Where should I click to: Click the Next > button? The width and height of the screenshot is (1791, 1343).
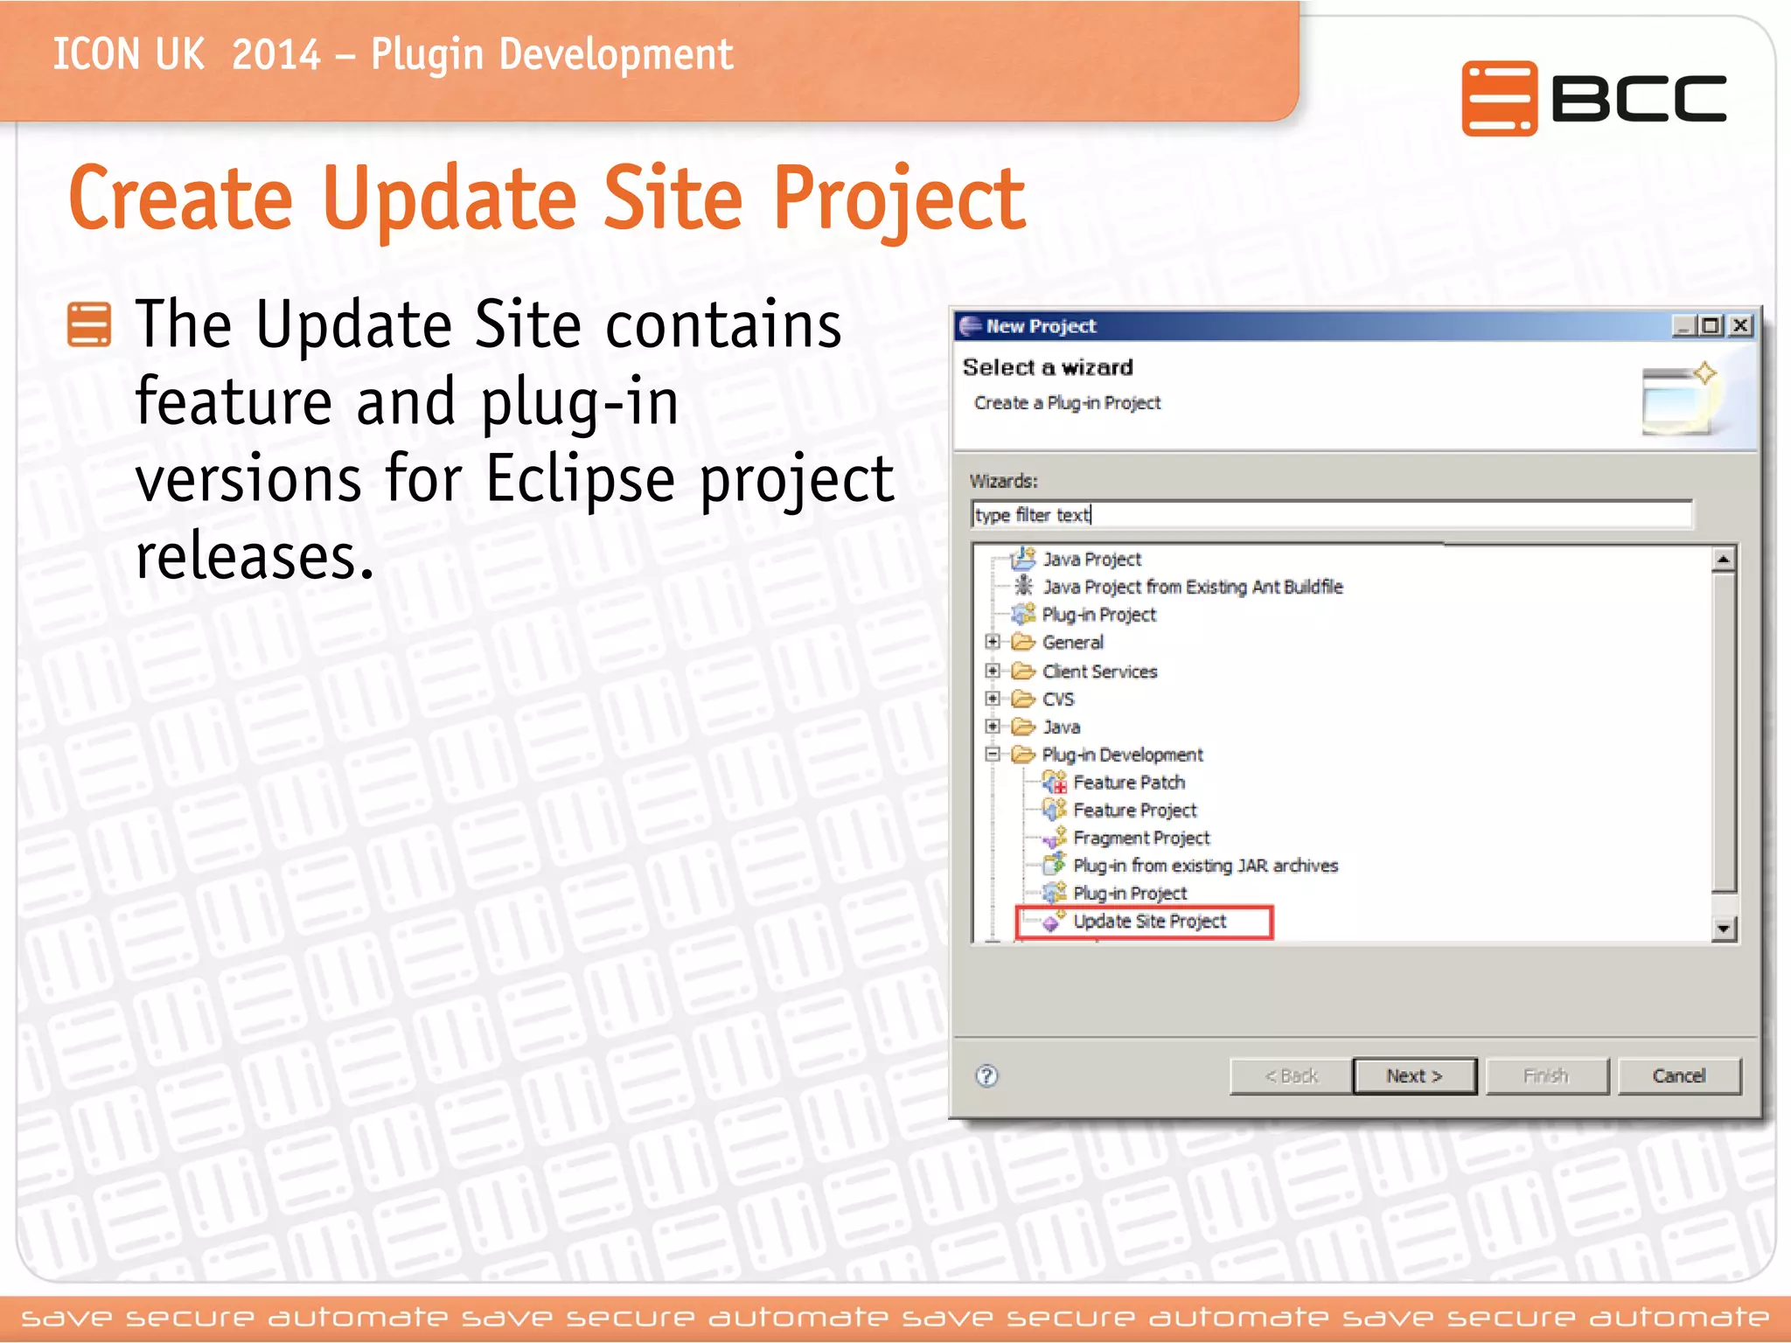click(1413, 1075)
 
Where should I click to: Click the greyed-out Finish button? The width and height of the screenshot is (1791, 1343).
click(1545, 1075)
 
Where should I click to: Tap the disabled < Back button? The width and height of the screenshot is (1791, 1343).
click(1290, 1075)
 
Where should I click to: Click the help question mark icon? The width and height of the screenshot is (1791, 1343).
click(986, 1075)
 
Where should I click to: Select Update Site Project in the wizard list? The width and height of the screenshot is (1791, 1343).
click(1149, 922)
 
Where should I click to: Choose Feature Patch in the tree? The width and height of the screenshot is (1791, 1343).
click(1128, 783)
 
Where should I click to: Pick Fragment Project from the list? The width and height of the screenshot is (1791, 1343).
click(1140, 838)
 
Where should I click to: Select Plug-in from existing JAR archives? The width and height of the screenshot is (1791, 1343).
click(1205, 866)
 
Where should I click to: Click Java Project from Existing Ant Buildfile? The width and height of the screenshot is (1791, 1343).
click(1192, 587)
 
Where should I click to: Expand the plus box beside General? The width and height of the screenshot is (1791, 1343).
click(993, 642)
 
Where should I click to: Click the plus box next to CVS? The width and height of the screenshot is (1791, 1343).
click(993, 699)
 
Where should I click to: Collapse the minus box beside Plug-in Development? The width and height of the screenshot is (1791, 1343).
click(993, 754)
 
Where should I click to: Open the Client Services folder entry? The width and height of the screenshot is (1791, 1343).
click(1099, 671)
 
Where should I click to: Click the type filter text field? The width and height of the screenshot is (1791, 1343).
click(1329, 515)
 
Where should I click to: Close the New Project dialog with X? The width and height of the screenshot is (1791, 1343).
click(1740, 326)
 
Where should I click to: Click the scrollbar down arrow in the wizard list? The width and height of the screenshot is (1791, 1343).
click(1723, 929)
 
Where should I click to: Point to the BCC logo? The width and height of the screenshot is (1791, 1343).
click(1593, 98)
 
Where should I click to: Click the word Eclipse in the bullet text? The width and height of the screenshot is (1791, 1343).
click(580, 479)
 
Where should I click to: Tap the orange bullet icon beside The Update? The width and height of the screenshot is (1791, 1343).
click(89, 324)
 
